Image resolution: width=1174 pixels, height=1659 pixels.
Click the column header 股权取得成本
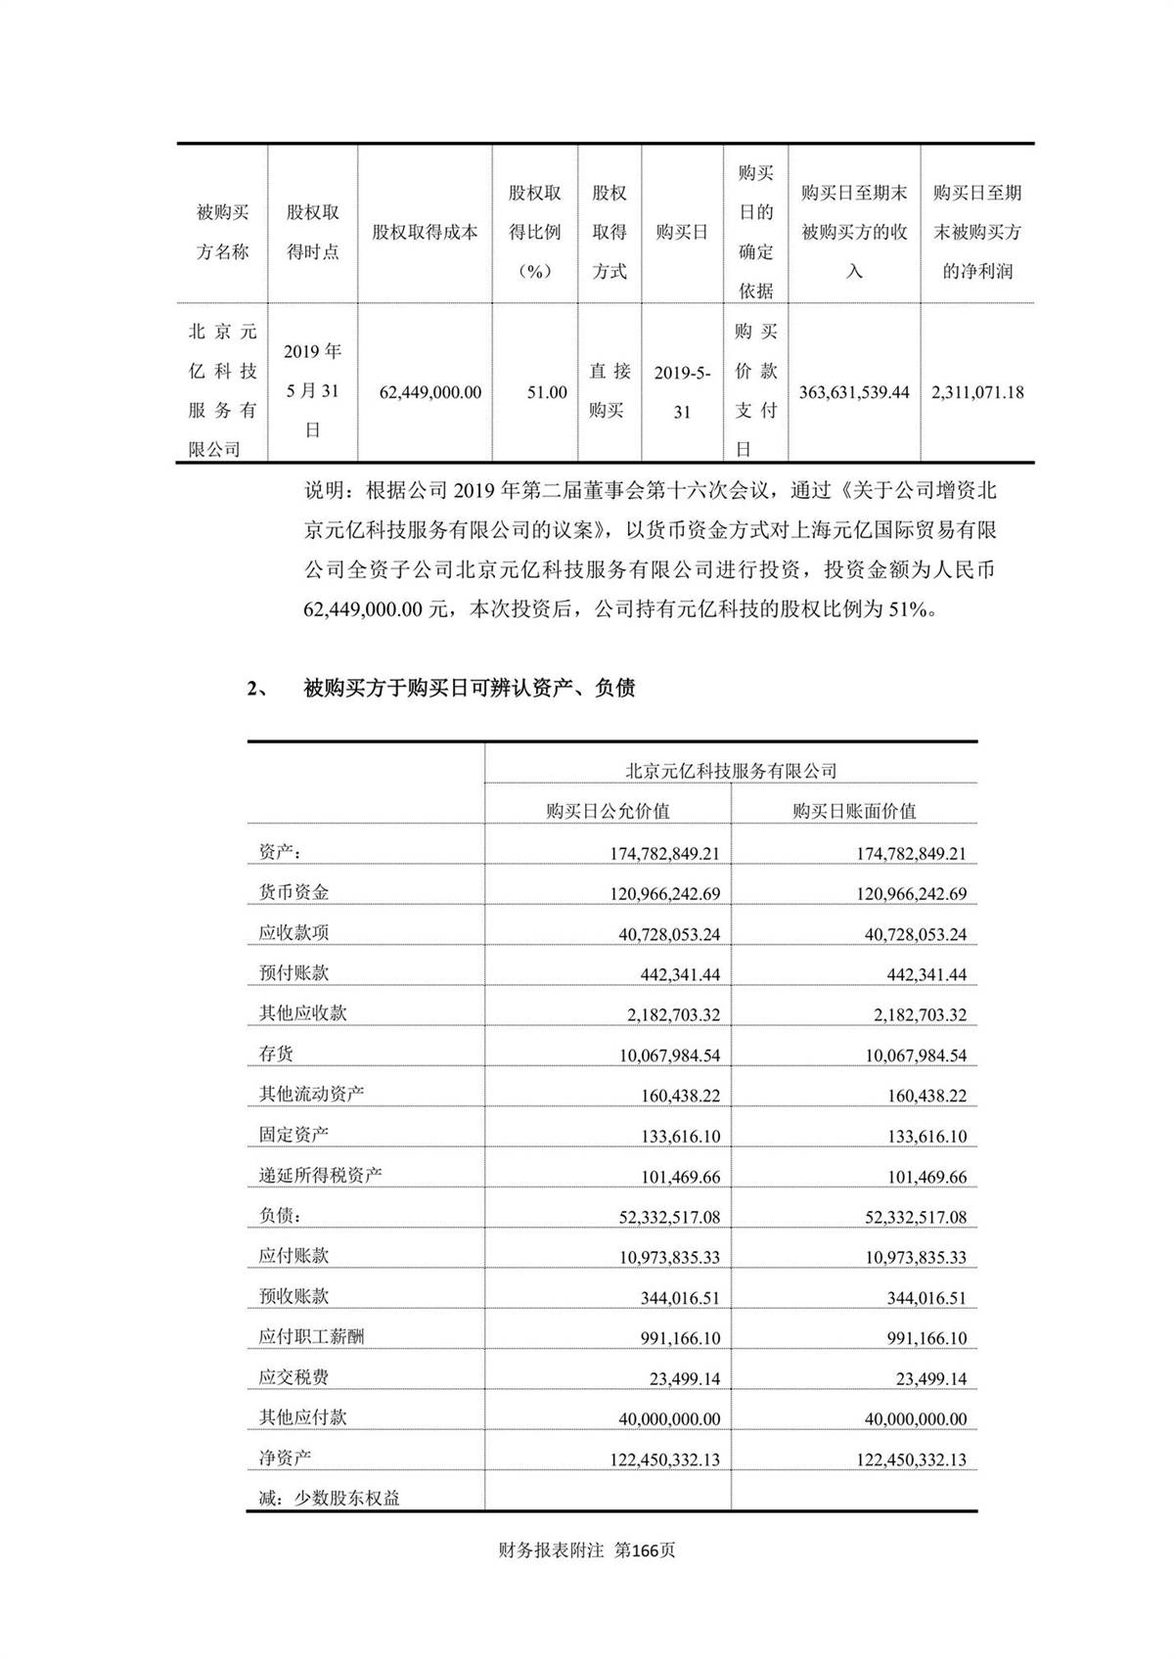(425, 233)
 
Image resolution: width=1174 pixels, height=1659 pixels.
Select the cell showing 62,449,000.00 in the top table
(429, 392)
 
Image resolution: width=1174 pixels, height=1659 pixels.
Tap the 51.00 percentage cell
(547, 392)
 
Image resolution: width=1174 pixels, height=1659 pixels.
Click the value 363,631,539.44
(854, 392)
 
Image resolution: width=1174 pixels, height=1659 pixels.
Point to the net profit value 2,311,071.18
(977, 392)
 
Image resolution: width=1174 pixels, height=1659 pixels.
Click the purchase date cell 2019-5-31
(682, 392)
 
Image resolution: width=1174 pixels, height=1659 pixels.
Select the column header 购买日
(682, 233)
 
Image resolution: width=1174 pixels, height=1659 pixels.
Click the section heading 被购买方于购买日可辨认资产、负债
(470, 689)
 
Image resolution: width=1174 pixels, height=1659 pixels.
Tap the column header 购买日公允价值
(608, 811)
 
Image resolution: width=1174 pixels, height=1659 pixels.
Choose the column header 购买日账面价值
(854, 811)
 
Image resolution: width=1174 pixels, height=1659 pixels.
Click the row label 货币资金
(293, 892)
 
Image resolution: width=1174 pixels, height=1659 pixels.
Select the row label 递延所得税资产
(320, 1175)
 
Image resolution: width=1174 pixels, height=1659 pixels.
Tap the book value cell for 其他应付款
(916, 1419)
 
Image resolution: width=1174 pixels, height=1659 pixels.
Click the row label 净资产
(285, 1457)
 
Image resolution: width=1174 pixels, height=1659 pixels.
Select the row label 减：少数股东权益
(329, 1498)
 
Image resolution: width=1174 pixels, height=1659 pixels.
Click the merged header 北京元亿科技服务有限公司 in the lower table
(731, 771)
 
